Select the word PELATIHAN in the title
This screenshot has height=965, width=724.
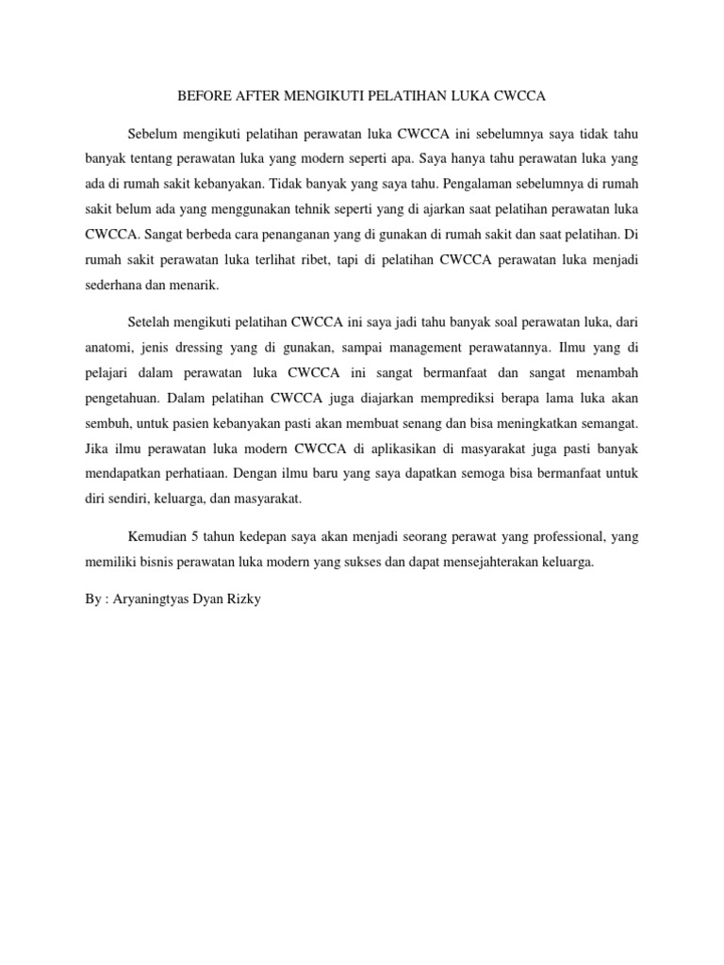click(415, 96)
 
